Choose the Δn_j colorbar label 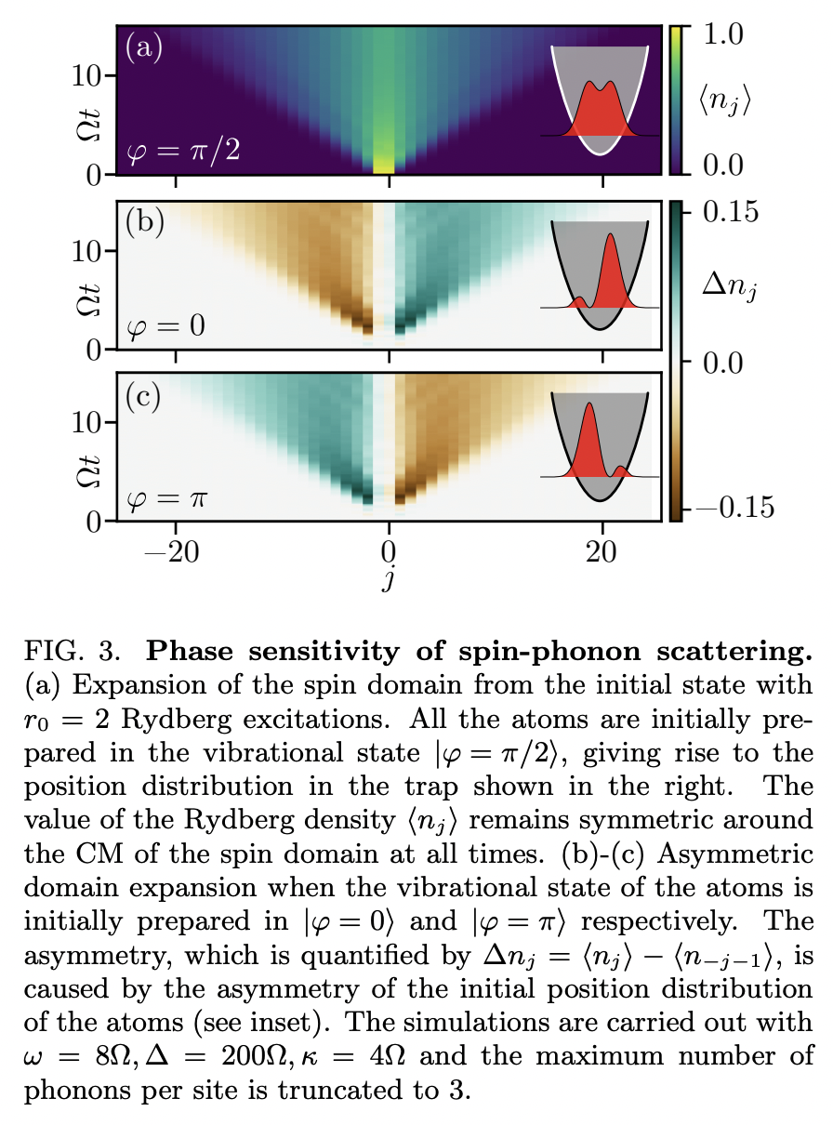click(730, 292)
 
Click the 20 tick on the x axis click(603, 549)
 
